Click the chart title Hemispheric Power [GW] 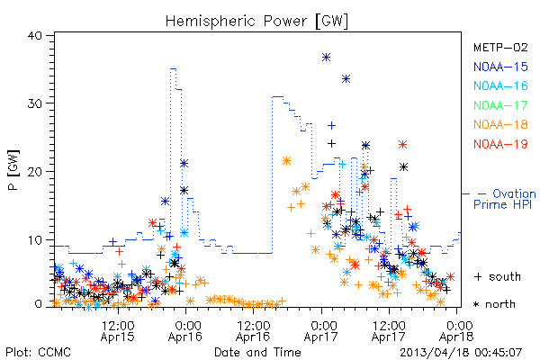pyautogui.click(x=256, y=22)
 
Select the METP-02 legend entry pyautogui.click(x=500, y=47)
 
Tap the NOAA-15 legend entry pyautogui.click(x=500, y=67)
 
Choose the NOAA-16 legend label pyautogui.click(x=500, y=85)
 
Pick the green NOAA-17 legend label pyautogui.click(x=500, y=105)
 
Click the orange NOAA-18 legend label pyautogui.click(x=500, y=124)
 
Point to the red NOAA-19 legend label pyautogui.click(x=500, y=144)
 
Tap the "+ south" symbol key pyautogui.click(x=498, y=276)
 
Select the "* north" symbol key pyautogui.click(x=494, y=304)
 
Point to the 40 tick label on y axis pyautogui.click(x=34, y=35)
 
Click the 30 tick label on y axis pyautogui.click(x=34, y=103)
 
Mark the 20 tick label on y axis pyautogui.click(x=34, y=172)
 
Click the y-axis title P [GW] pyautogui.click(x=13, y=170)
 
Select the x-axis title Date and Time pyautogui.click(x=257, y=353)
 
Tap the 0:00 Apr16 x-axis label pyautogui.click(x=185, y=331)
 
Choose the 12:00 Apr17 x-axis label pyautogui.click(x=389, y=331)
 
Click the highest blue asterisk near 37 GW pyautogui.click(x=326, y=58)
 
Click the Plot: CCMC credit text pyautogui.click(x=38, y=353)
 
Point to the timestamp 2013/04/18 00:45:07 pyautogui.click(x=461, y=353)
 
